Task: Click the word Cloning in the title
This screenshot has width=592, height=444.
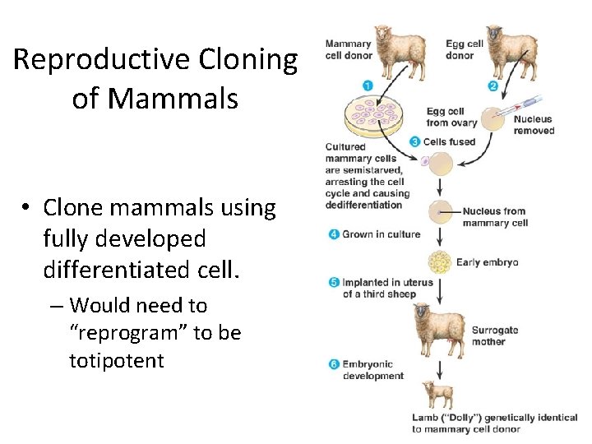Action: [x=247, y=60]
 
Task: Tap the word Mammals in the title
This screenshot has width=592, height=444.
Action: [x=172, y=99]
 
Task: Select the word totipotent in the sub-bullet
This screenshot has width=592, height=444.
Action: [x=117, y=360]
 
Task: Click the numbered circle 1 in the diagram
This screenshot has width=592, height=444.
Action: [x=367, y=85]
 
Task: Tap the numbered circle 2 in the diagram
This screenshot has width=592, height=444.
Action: [x=493, y=86]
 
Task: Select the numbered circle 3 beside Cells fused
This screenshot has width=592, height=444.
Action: [x=414, y=141]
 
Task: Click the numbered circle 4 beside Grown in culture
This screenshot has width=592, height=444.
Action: [x=334, y=234]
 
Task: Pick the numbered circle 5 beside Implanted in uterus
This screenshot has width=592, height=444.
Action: [x=334, y=282]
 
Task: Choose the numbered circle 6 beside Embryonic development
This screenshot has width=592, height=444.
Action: [x=334, y=364]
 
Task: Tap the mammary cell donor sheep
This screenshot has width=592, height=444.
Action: [x=402, y=53]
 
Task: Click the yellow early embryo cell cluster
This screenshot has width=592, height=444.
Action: [x=441, y=262]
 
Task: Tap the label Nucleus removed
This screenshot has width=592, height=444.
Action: [x=534, y=125]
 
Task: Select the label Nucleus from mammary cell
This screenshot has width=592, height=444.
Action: [x=494, y=217]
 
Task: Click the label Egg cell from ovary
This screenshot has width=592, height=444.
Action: [x=445, y=118]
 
